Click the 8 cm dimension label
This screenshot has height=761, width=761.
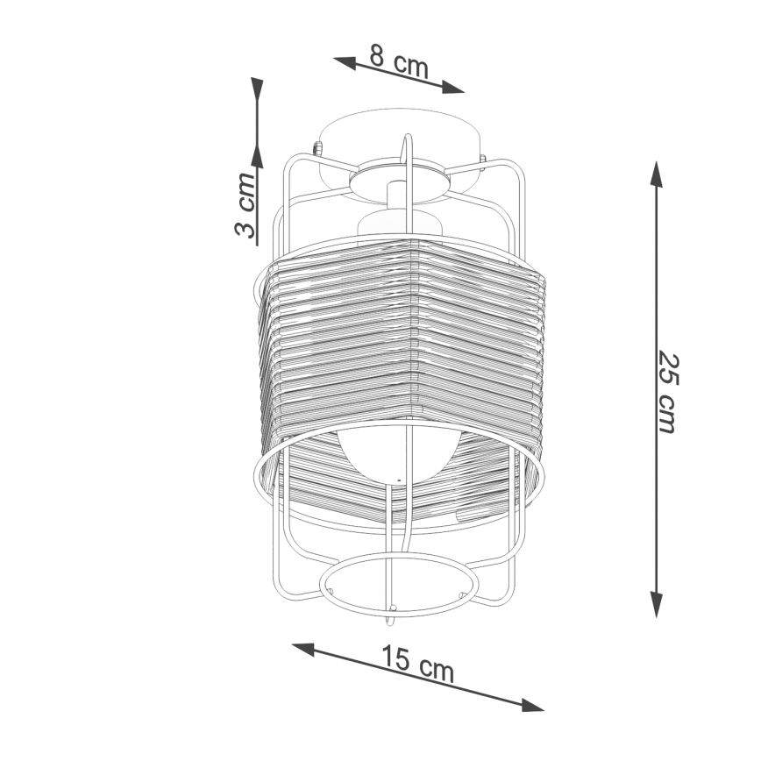tap(399, 61)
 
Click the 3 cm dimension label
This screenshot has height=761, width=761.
tap(245, 205)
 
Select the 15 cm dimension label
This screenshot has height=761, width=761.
tap(418, 664)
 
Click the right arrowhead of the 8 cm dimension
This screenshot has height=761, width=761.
tap(453, 87)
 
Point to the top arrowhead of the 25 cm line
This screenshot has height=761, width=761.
tap(657, 174)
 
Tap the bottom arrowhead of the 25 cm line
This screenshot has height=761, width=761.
tap(657, 605)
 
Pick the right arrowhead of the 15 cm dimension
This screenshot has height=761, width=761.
tap(532, 705)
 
